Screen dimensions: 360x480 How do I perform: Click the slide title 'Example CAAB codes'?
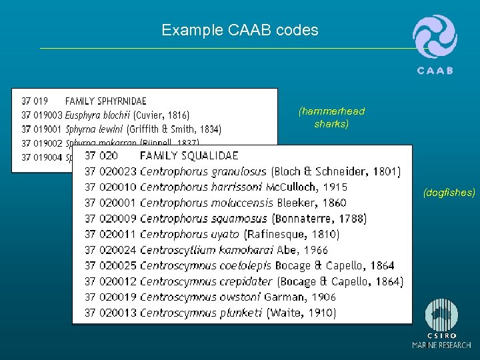239,30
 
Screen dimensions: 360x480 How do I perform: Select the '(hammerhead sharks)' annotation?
331,117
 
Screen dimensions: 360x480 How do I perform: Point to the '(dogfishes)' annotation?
449,193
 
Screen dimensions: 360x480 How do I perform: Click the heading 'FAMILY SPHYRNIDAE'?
105,101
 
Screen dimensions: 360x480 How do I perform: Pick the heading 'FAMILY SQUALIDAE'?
189,156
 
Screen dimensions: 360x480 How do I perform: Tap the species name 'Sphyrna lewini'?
94,129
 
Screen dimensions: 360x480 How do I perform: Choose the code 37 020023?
110,172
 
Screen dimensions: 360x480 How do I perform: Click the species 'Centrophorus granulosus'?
203,172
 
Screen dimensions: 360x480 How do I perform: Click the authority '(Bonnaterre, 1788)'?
319,219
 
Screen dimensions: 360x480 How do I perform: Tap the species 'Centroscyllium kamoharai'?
207,250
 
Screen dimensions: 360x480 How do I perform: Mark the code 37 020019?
110,297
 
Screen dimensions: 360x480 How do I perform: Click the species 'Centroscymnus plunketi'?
202,313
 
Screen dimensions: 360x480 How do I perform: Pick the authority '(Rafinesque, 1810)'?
291,234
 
